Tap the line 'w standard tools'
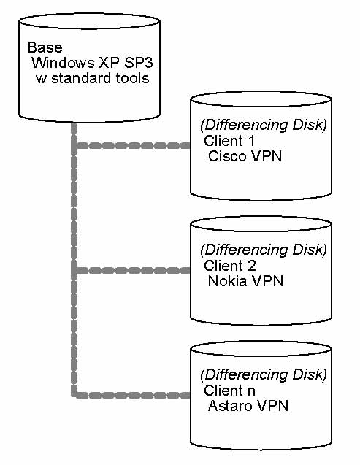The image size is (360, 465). tap(93, 77)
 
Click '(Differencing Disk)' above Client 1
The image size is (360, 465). tap(263, 126)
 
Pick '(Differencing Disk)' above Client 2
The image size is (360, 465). tap(263, 250)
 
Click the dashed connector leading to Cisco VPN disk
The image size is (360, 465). tap(131, 145)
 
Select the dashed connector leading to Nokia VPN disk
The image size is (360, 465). tap(131, 270)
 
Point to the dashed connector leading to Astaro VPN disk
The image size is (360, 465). tap(131, 395)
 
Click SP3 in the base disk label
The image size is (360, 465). tap(137, 63)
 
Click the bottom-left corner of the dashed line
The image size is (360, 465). tap(74, 395)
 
